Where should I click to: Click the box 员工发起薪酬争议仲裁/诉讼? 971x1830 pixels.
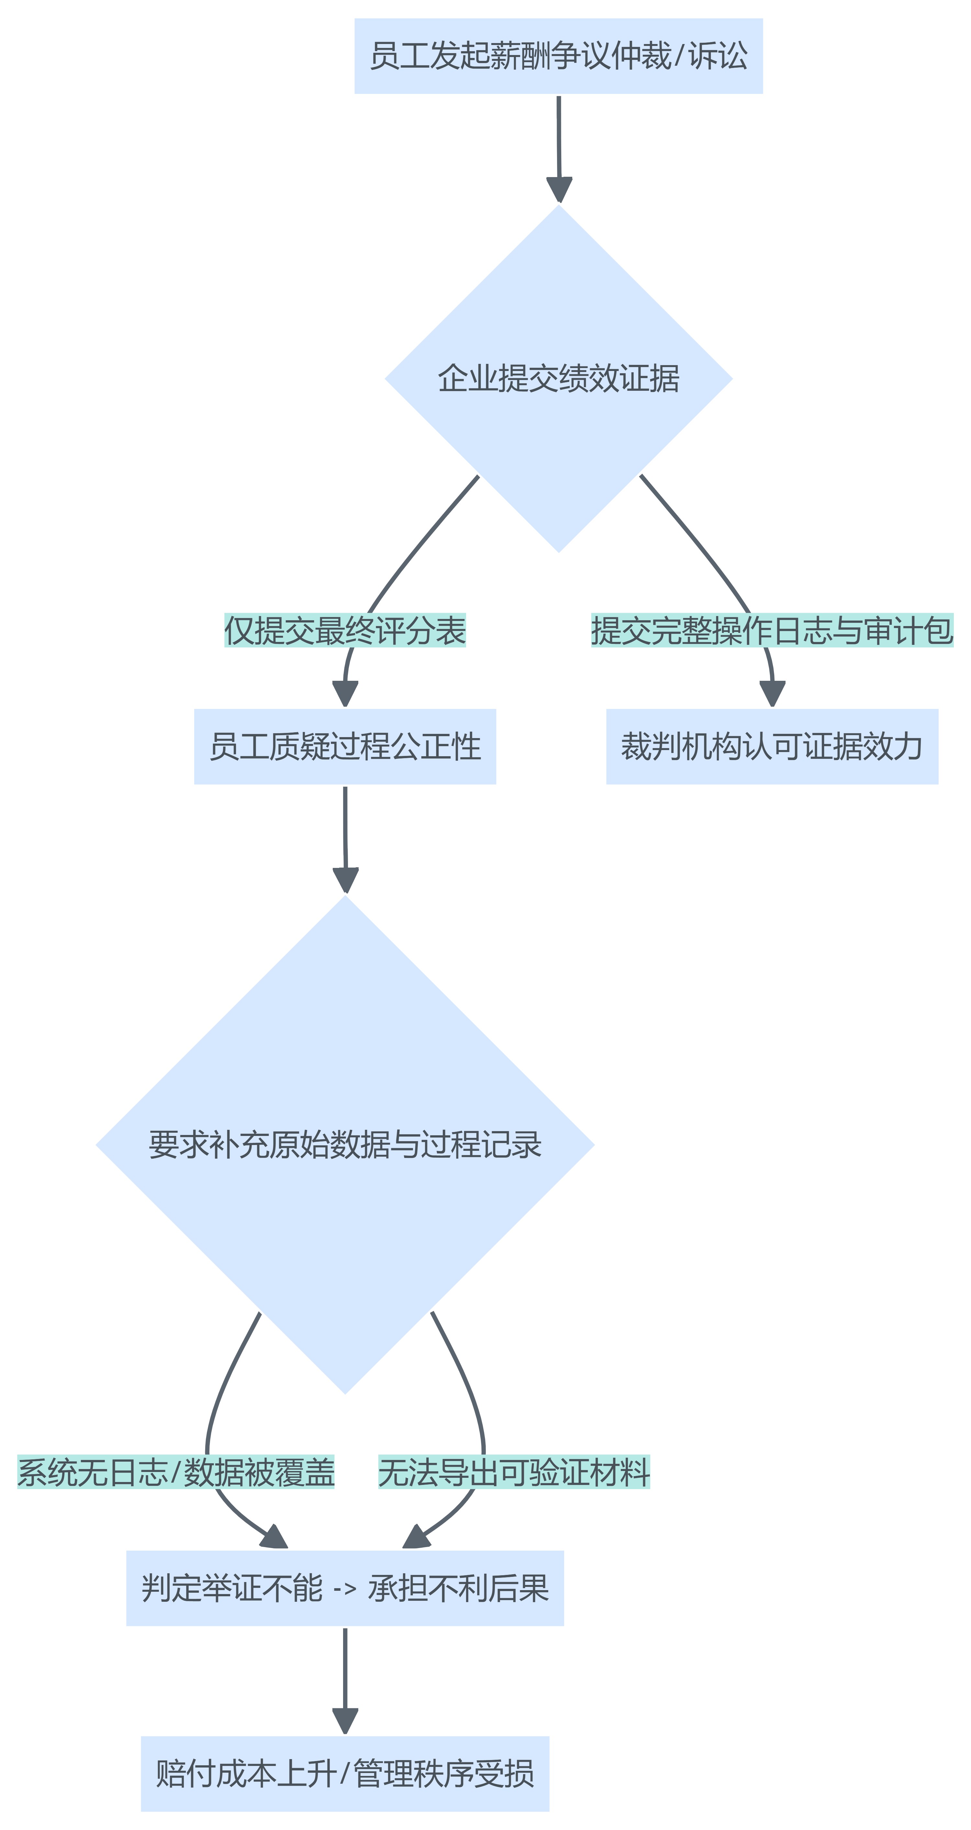[558, 56]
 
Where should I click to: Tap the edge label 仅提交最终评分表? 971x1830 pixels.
[345, 630]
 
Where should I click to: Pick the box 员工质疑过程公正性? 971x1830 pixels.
[345, 747]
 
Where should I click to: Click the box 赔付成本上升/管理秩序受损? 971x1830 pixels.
[345, 1774]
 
